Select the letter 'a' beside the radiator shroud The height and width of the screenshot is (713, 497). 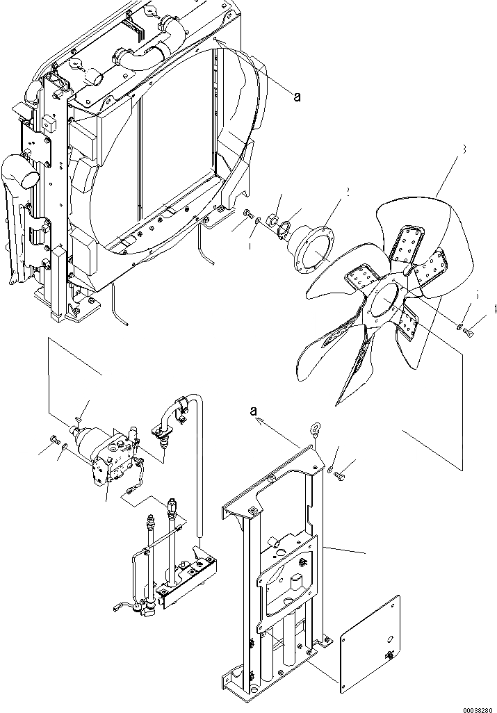(297, 98)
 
